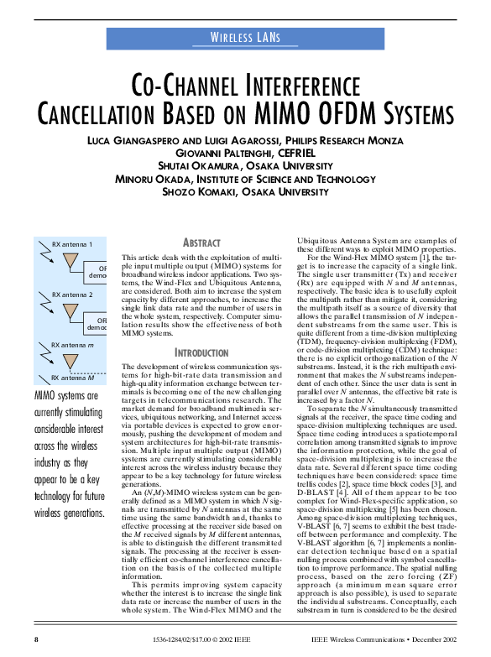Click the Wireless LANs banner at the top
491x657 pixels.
click(x=245, y=38)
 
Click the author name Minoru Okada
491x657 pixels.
click(x=151, y=179)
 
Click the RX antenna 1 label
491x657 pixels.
click(x=72, y=243)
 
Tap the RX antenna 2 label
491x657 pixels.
click(x=72, y=295)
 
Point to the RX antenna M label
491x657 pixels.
click(x=72, y=378)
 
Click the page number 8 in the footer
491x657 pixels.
click(x=36, y=639)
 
